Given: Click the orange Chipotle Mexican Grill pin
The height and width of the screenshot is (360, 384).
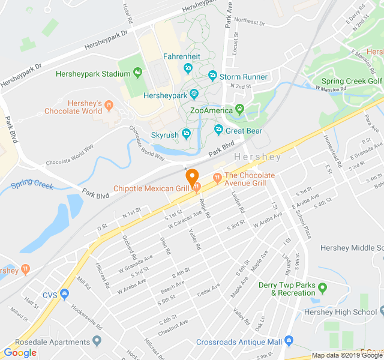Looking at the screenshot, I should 192,178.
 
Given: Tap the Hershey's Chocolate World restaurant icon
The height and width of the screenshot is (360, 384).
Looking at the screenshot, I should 109,106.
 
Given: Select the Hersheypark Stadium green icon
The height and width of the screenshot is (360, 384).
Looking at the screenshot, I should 138,74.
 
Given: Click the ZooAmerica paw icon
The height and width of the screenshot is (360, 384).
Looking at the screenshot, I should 240,110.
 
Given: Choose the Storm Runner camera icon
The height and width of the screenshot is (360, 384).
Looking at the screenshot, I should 212,77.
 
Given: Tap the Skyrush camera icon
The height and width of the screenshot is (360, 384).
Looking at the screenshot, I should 187,133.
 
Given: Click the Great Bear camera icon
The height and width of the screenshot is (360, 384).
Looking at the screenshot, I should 218,130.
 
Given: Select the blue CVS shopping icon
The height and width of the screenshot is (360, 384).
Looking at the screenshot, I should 65,295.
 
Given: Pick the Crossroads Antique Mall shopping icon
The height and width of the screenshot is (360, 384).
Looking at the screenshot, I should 289,341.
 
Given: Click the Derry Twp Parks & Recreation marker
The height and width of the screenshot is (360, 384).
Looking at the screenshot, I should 322,289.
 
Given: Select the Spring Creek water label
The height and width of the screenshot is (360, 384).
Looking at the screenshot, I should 32,184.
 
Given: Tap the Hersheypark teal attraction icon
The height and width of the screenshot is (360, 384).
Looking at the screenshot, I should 194,94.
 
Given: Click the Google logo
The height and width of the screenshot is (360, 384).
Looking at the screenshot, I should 20,353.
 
